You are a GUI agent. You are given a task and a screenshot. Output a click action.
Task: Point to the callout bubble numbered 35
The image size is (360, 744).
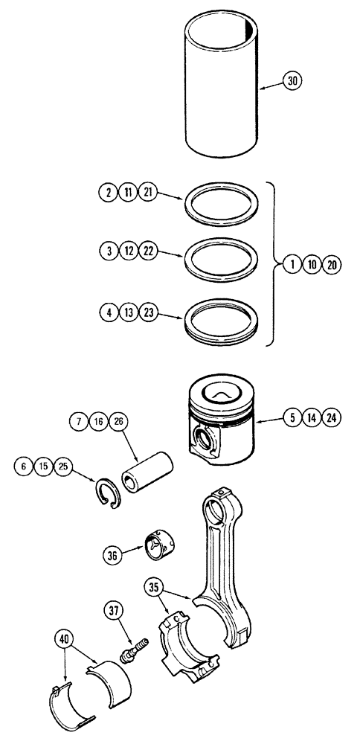[x=154, y=586]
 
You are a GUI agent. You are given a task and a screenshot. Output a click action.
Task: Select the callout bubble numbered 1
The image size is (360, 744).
[x=292, y=264]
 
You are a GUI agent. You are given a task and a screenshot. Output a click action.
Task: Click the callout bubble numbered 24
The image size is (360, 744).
[x=332, y=417]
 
